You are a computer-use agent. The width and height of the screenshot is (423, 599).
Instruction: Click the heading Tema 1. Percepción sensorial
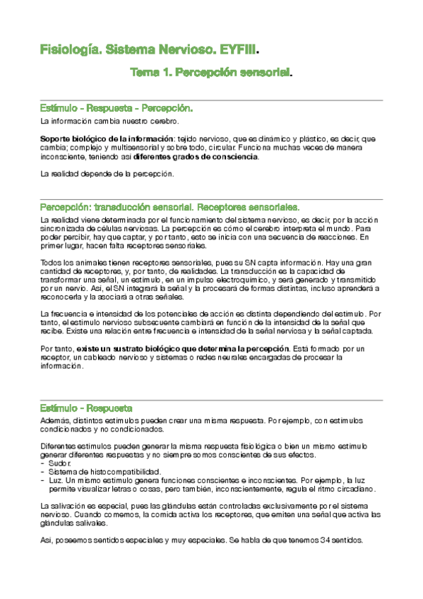[x=210, y=72]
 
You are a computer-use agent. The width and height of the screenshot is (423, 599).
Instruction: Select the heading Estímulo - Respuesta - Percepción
[x=117, y=109]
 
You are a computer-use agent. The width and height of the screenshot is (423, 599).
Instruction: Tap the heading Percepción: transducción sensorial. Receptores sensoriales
[x=169, y=207]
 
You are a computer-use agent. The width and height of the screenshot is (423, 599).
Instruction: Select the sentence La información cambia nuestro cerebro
[x=100, y=121]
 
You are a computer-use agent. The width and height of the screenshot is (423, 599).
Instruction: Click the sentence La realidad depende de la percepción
[x=106, y=174]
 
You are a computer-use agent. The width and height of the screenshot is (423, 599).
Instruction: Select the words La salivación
[x=64, y=506]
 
